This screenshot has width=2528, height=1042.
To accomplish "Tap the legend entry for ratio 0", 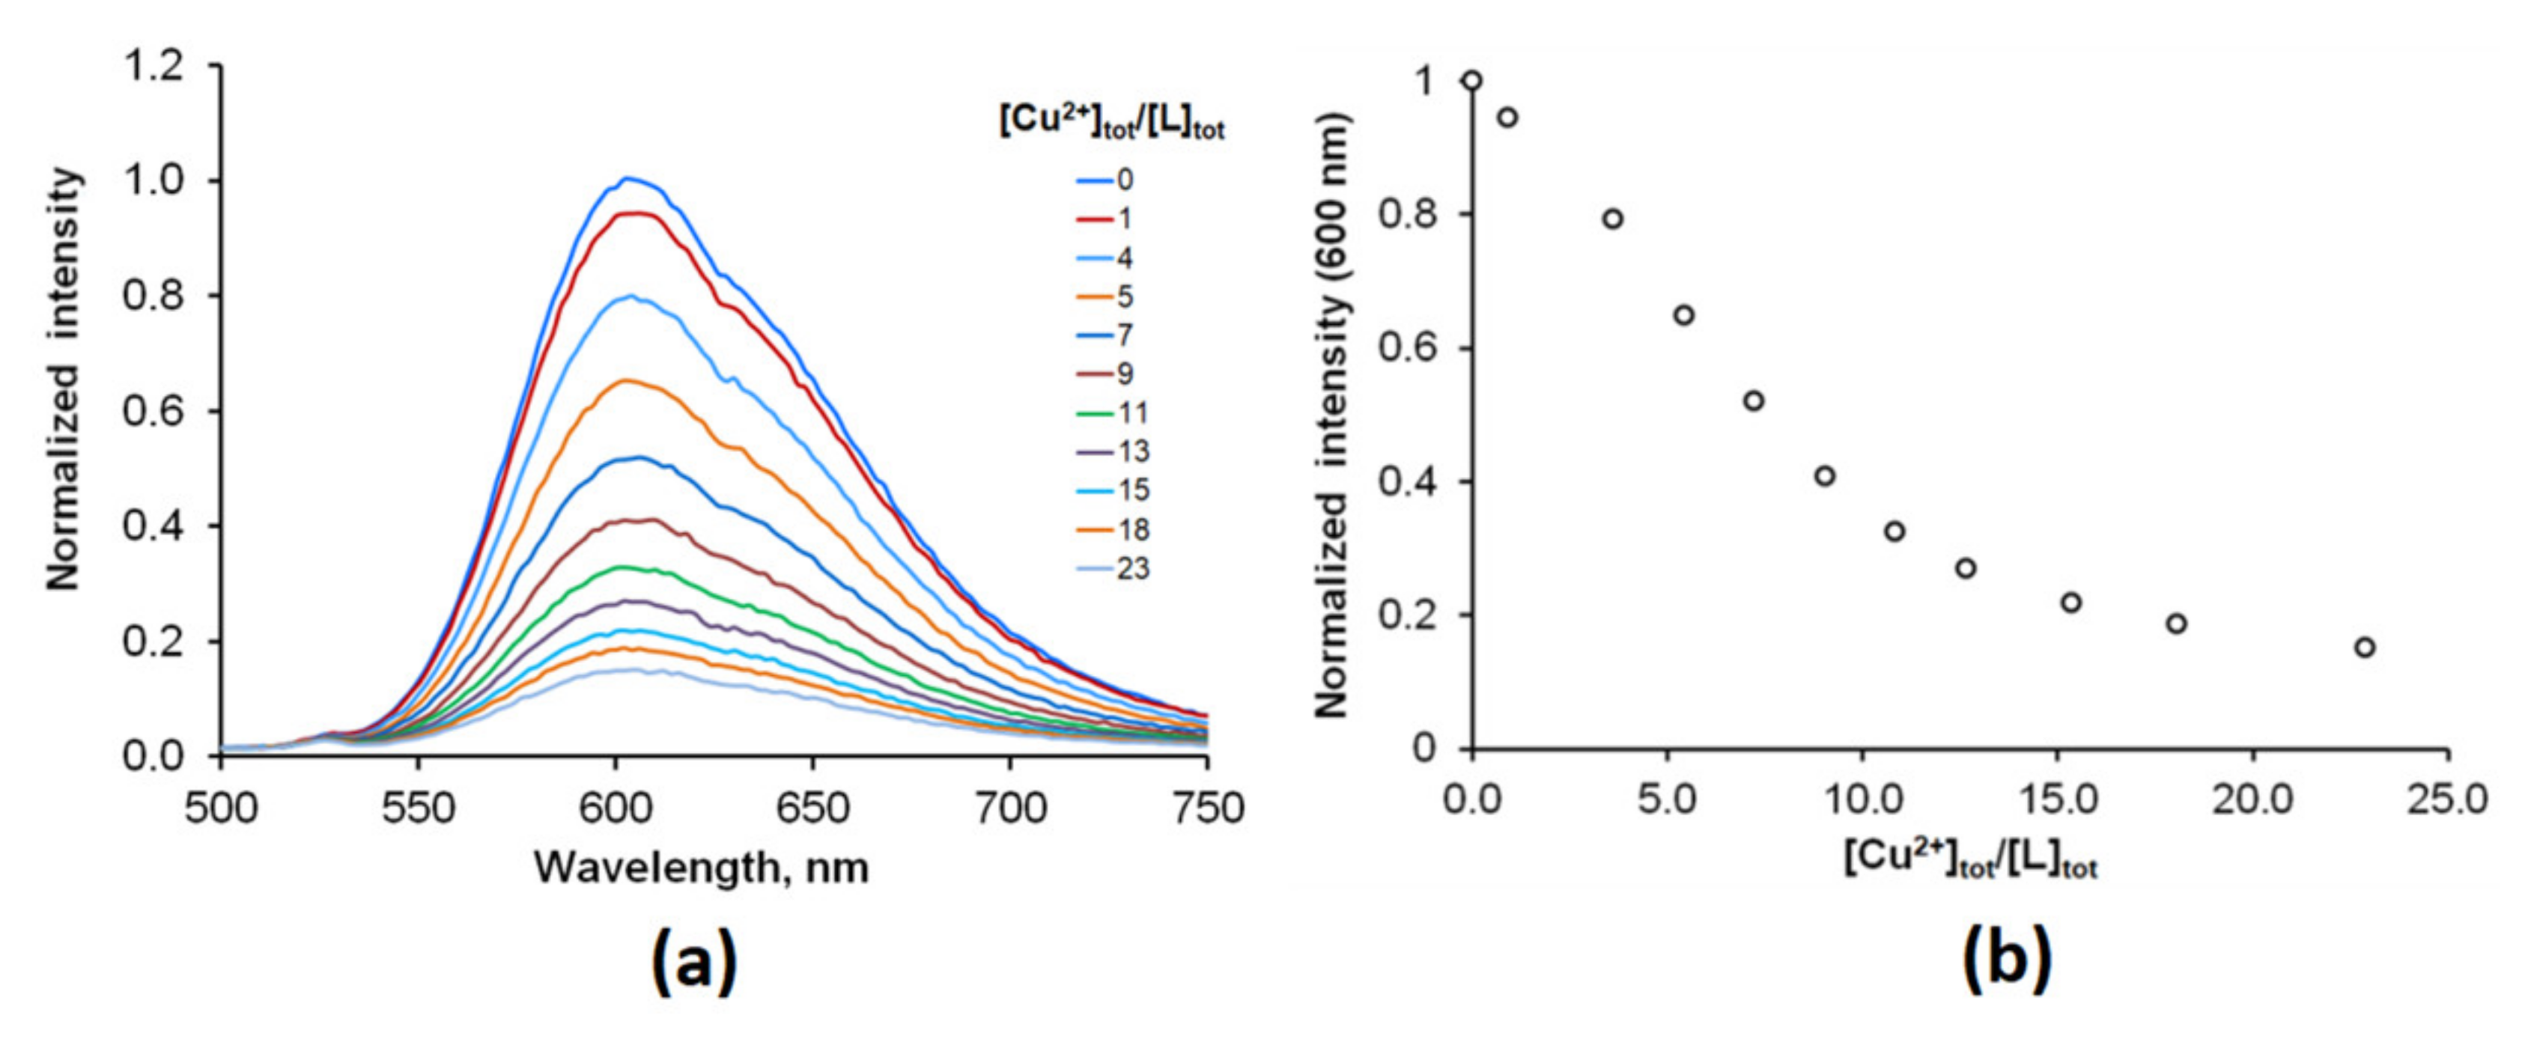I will pyautogui.click(x=1109, y=180).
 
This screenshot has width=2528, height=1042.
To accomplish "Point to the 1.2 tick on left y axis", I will pyautogui.click(x=154, y=67).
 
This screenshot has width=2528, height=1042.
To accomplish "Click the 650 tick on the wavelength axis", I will pyautogui.click(x=812, y=808).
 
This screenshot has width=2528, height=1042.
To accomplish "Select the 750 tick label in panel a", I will pyautogui.click(x=1206, y=808).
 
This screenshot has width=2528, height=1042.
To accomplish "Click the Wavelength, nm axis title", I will pyautogui.click(x=701, y=868).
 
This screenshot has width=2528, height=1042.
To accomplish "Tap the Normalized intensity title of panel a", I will pyautogui.click(x=64, y=379).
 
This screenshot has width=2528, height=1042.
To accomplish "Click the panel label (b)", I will pyautogui.click(x=2007, y=963).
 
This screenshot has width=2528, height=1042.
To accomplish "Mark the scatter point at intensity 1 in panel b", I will pyautogui.click(x=1471, y=80).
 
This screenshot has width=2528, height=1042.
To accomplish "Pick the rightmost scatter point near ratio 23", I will pyautogui.click(x=2365, y=648).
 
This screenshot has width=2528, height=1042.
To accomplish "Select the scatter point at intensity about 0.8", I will pyautogui.click(x=1612, y=219).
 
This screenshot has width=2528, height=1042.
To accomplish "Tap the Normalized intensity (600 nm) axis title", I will pyautogui.click(x=1331, y=414).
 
